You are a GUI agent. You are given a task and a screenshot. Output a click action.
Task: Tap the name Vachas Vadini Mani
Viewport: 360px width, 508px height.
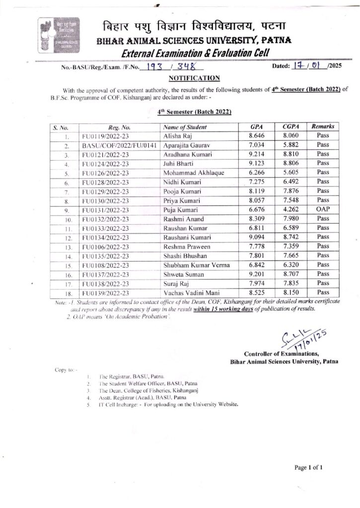click(190, 293)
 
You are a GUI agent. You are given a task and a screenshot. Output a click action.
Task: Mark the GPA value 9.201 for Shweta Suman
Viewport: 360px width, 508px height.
click(256, 274)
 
